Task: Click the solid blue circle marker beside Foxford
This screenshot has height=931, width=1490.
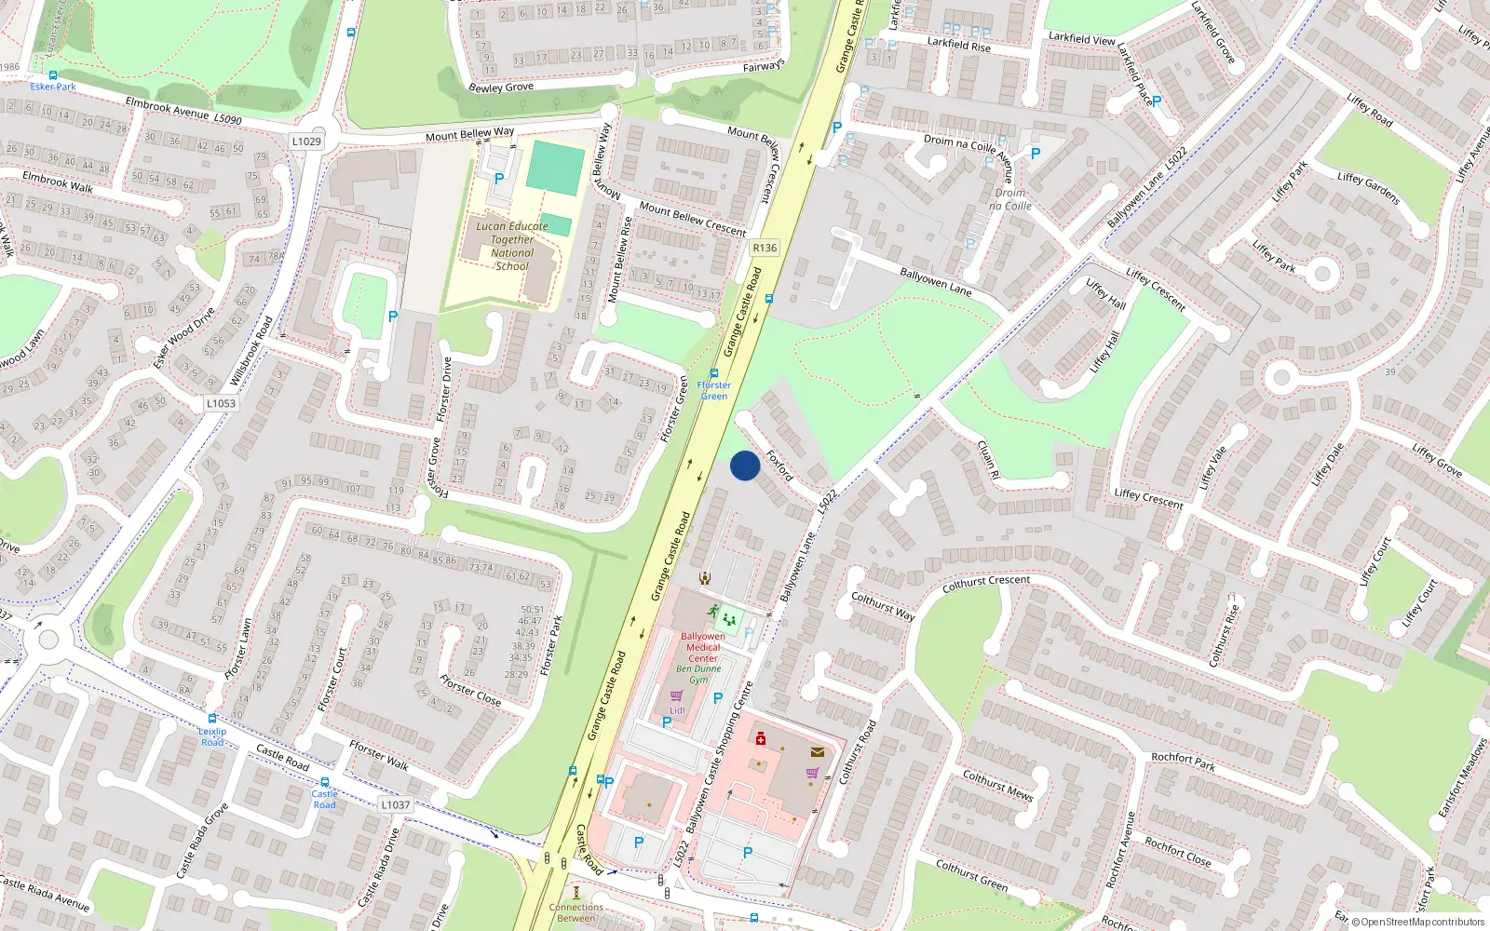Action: click(745, 465)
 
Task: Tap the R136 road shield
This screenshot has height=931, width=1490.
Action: click(765, 248)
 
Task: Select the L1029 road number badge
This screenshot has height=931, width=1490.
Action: click(306, 142)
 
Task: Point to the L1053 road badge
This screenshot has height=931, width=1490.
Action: click(221, 403)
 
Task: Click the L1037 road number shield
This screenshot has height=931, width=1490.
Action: click(395, 804)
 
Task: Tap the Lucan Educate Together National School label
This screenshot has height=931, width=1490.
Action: click(511, 246)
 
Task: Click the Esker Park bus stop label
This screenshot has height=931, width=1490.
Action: click(53, 87)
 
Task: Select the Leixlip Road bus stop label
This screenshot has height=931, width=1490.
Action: click(212, 736)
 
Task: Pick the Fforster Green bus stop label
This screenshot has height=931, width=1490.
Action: click(714, 390)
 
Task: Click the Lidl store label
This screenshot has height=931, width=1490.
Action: click(677, 710)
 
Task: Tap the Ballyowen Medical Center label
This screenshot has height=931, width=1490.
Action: click(703, 647)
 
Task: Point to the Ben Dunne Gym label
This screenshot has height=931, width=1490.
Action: click(698, 674)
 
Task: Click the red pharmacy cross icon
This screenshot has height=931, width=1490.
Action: click(761, 738)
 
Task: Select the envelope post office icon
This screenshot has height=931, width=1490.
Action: click(817, 751)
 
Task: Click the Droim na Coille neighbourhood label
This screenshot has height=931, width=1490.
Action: click(1010, 199)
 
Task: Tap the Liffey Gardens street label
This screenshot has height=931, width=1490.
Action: click(1368, 188)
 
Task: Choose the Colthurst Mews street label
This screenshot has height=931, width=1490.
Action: click(997, 785)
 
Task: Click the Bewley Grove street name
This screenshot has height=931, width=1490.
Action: click(501, 88)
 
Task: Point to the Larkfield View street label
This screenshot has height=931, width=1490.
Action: click(1081, 39)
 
